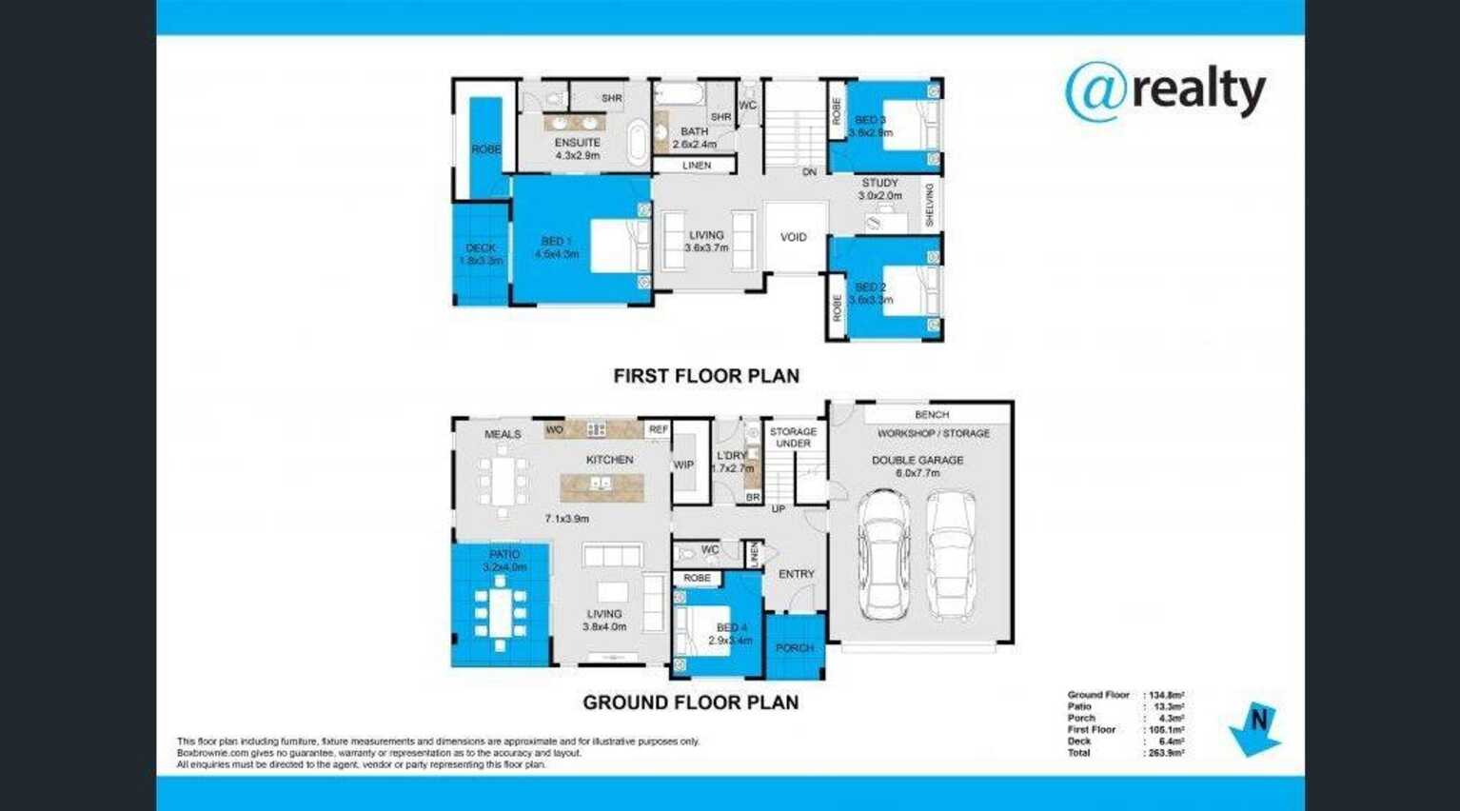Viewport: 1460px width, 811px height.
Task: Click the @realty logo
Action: point(1165,91)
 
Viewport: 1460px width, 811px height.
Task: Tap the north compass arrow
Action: point(1255,729)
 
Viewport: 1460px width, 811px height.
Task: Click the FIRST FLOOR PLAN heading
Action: point(705,376)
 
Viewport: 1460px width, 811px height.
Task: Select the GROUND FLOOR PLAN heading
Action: point(690,702)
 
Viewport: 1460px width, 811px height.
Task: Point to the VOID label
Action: point(793,237)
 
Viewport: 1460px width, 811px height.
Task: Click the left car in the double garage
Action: point(883,554)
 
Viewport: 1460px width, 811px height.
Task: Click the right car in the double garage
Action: point(951,554)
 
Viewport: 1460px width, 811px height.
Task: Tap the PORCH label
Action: point(794,648)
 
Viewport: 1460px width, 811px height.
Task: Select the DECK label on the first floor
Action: point(481,248)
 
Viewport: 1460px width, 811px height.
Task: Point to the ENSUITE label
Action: point(577,143)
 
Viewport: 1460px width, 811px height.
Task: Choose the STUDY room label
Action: point(879,183)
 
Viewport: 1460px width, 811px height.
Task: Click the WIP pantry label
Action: point(683,465)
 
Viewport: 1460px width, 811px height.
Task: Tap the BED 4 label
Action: point(731,628)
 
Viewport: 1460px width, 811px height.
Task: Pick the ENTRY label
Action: point(796,574)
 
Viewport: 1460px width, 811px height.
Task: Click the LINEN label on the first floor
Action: point(696,166)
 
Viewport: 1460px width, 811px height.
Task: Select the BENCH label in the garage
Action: point(931,415)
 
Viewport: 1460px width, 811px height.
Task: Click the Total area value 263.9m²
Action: point(1164,753)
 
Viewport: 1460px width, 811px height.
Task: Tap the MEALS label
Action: point(503,434)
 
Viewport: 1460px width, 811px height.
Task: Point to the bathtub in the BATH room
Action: point(678,95)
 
